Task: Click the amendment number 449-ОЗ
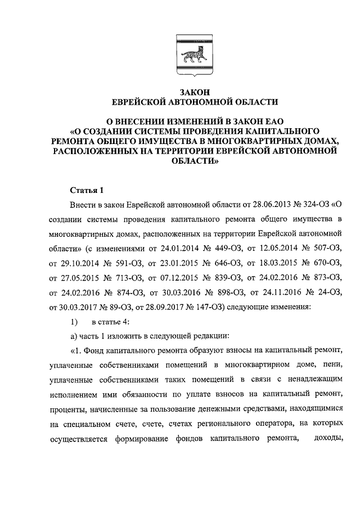tap(222, 247)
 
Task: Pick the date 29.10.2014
tap(81, 262)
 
